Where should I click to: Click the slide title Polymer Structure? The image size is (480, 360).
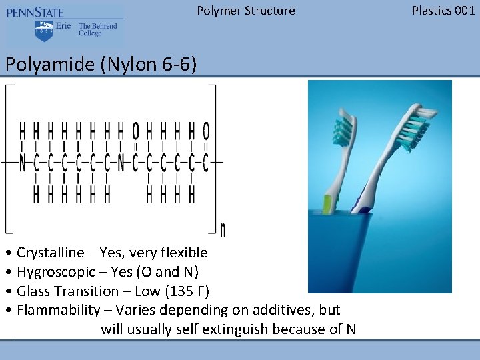(246, 11)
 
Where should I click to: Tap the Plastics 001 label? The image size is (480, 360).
(443, 11)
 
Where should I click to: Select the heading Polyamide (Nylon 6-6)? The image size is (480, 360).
(101, 65)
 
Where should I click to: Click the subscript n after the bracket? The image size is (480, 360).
(222, 230)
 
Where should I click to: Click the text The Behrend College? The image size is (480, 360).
(97, 29)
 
